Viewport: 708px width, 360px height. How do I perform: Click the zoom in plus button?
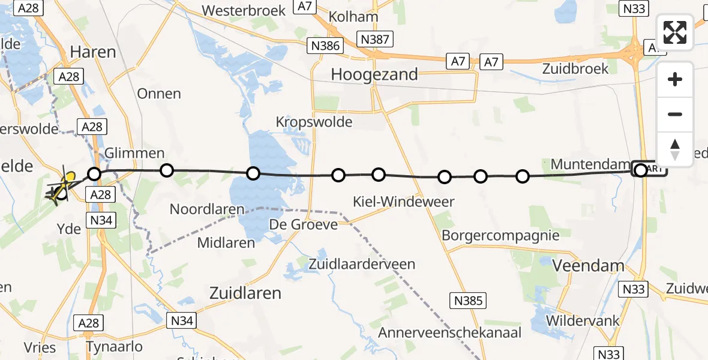(675, 79)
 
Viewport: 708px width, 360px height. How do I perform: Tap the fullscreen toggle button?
(675, 32)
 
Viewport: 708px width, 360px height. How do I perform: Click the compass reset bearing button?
(675, 149)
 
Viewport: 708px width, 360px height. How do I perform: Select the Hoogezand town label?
(374, 74)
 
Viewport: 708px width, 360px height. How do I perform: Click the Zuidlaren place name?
(245, 293)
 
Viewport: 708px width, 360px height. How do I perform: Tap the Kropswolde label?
(314, 122)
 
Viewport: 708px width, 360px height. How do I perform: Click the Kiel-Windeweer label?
(404, 202)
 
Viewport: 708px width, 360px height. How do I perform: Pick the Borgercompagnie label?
(500, 235)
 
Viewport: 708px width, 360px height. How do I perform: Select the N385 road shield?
(468, 300)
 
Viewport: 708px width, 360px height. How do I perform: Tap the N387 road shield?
(375, 40)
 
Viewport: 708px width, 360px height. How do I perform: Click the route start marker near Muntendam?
(640, 170)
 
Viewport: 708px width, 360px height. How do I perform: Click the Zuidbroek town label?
(575, 68)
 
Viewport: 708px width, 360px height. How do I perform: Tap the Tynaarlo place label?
(114, 347)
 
